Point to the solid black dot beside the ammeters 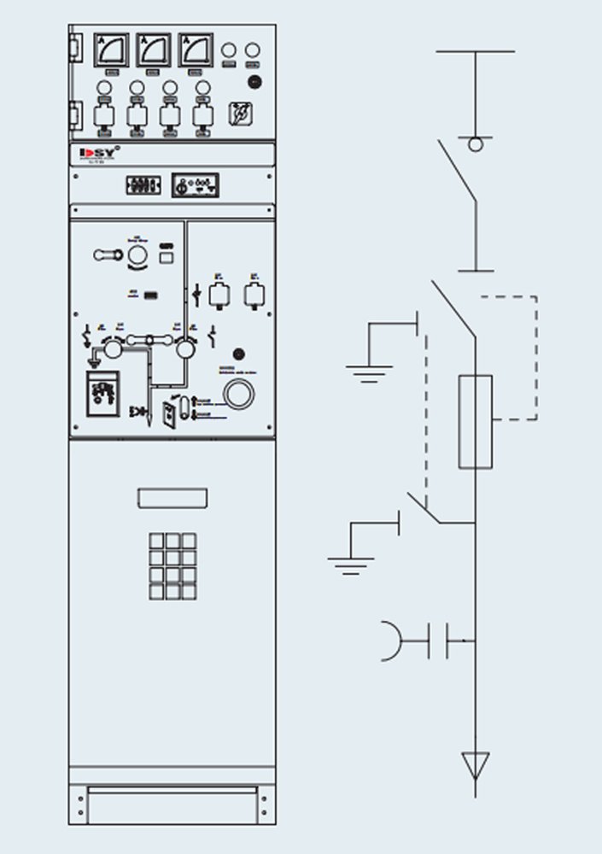(254, 81)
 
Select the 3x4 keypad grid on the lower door (172, 565)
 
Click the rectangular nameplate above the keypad (172, 497)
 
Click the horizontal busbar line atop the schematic (475, 51)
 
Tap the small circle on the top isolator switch (475, 144)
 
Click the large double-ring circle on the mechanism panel (238, 394)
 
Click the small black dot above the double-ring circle (239, 354)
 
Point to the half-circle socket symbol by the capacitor (393, 640)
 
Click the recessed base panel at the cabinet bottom (172, 805)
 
